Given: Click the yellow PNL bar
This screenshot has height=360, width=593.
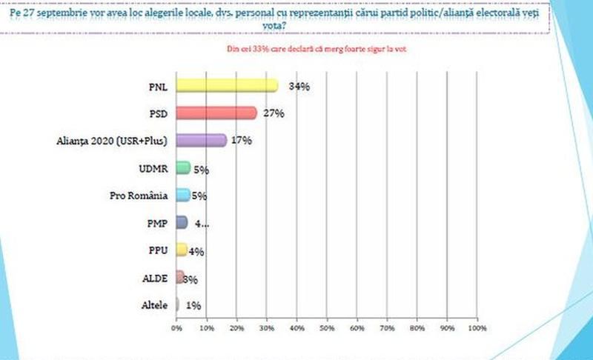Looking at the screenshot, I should coord(226,86).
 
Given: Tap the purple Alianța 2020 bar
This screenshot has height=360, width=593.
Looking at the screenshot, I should coord(201,141).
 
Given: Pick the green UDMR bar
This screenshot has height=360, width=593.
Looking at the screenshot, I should coord(183,168).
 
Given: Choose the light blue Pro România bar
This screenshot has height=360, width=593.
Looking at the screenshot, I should coord(183,196).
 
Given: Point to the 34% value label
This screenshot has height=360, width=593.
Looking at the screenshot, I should coord(299,87).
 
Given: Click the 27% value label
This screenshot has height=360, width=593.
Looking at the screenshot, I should coord(274,113).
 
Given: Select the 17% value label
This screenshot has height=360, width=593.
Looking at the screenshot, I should coord(241,141).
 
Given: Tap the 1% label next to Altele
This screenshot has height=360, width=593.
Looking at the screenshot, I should coord(193,305).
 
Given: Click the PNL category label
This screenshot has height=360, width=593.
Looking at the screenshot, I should coord(158,87).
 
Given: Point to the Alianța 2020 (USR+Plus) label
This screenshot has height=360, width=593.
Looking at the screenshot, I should coord(112,141).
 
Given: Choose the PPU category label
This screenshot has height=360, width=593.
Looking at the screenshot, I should coord(158,250).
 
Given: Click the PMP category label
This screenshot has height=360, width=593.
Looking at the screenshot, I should coord(157,223).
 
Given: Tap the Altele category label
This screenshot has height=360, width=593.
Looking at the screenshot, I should coord(154,305).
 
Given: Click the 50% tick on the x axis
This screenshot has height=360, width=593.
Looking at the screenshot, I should coord(327,327).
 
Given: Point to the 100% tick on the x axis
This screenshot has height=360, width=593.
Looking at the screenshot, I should coord(477,327).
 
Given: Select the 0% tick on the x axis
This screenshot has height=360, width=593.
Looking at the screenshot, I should coord(176,327).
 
